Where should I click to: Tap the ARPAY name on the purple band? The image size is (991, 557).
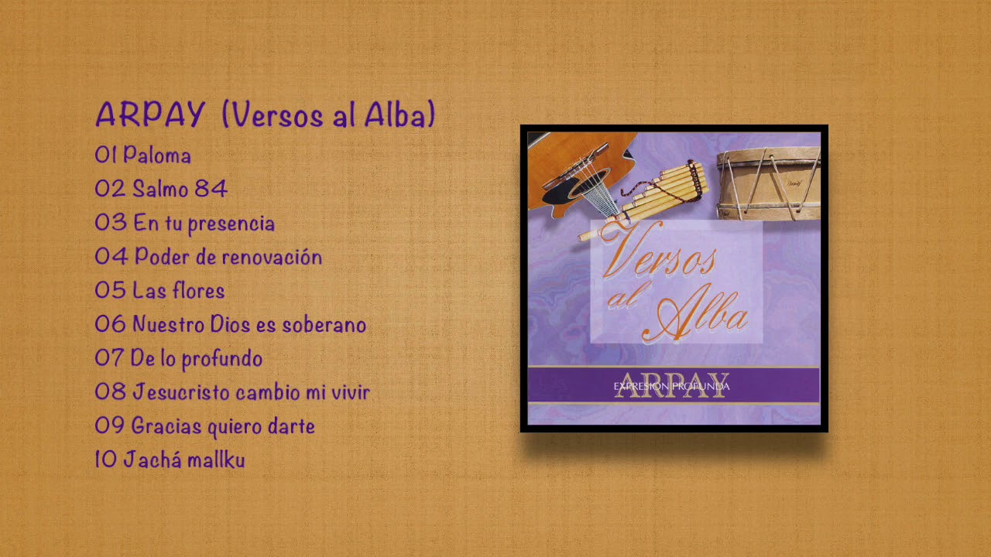click(672, 385)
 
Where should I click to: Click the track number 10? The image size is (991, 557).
click(105, 460)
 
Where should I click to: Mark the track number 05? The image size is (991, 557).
click(110, 291)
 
